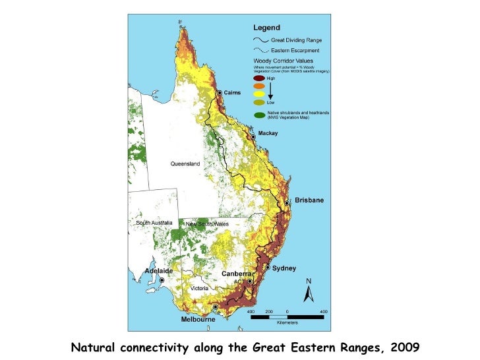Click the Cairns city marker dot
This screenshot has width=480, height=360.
click(x=220, y=93)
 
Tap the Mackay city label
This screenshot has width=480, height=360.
click(x=267, y=133)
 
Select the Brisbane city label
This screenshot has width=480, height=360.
click(x=309, y=200)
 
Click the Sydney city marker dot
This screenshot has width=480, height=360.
click(x=268, y=268)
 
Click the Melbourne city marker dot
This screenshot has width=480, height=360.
click(x=215, y=307)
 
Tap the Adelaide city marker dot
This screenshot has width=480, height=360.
click(x=162, y=280)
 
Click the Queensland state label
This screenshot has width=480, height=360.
click(x=185, y=164)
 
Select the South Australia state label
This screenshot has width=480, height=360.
click(x=154, y=223)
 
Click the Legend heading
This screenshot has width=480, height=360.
click(x=266, y=28)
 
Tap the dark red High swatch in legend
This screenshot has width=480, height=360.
click(x=259, y=78)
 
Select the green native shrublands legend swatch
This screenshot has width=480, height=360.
click(x=259, y=115)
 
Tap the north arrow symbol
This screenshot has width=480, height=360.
click(x=309, y=293)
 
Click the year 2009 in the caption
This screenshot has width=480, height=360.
click(x=404, y=346)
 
